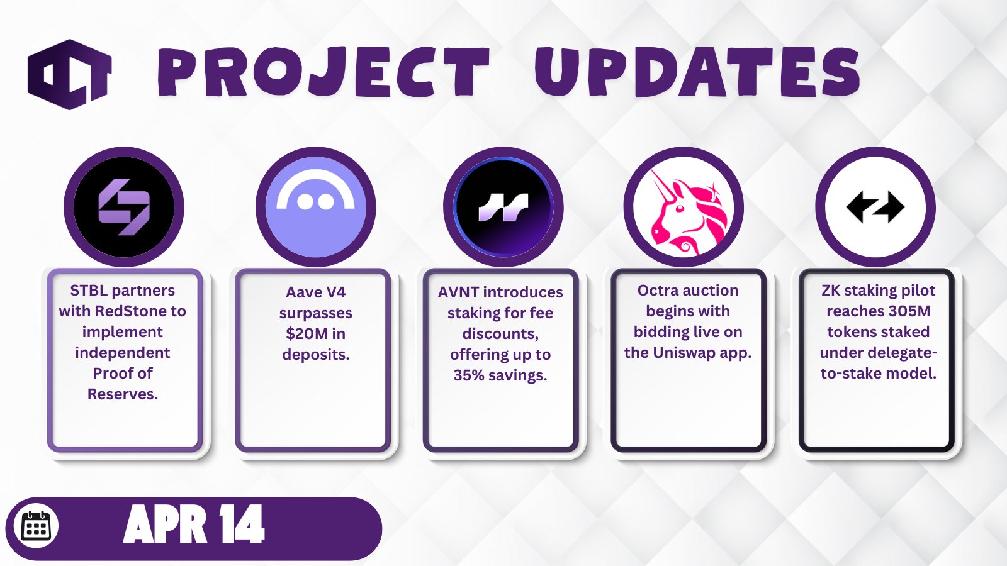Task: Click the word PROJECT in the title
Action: [x=323, y=72]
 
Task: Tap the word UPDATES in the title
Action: [x=697, y=72]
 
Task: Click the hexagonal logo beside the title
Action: [x=70, y=75]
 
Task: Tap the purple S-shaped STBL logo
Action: [x=124, y=207]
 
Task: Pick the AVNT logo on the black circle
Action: [x=503, y=208]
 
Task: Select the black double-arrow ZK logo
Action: [x=875, y=207]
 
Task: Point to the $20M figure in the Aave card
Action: [x=301, y=334]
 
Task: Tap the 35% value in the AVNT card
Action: [x=468, y=375]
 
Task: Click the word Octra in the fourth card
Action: [x=658, y=291]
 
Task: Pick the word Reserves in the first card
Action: [x=122, y=394]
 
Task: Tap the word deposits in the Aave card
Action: [x=315, y=355]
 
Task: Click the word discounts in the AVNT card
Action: [x=500, y=334]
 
